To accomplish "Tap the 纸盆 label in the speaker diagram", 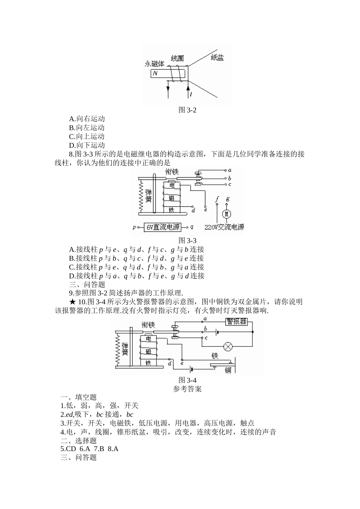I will pyautogui.click(x=217, y=58).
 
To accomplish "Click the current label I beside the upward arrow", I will pyautogui.click(x=191, y=94).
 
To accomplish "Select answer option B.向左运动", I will pyautogui.click(x=87, y=128).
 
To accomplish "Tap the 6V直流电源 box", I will pyautogui.click(x=163, y=227).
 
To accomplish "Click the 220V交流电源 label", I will pyautogui.click(x=224, y=227).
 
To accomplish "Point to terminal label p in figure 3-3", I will pyautogui.click(x=134, y=227).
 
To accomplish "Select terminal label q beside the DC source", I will pyautogui.click(x=192, y=227).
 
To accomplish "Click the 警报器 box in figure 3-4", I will pyautogui.click(x=236, y=322).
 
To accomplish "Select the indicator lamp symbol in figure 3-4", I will pyautogui.click(x=228, y=347).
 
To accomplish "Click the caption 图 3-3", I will pyautogui.click(x=187, y=240).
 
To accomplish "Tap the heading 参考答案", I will pyautogui.click(x=187, y=389).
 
